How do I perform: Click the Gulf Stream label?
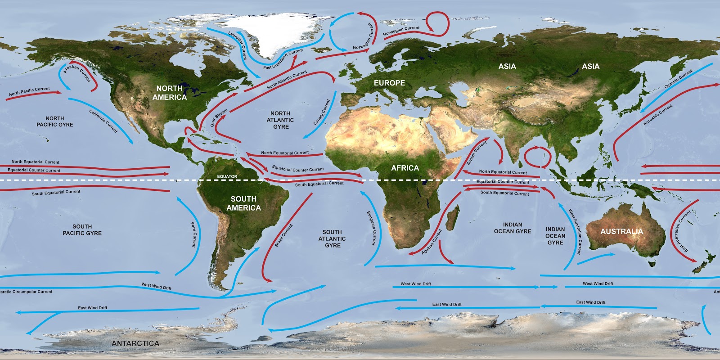tap(219, 117)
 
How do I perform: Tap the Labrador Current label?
tap(237, 45)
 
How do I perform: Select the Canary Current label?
tap(322, 112)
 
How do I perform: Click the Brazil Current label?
tap(283, 235)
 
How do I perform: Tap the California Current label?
tap(103, 121)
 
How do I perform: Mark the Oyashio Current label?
tap(678, 79)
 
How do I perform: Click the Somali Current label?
tap(477, 153)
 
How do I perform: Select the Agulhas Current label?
tap(432, 242)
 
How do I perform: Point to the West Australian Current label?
tap(575, 231)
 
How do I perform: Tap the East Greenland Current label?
tap(283, 59)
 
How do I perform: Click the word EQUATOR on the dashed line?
tap(227, 176)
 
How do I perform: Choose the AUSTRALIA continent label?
tap(621, 231)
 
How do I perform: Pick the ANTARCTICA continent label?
tap(135, 343)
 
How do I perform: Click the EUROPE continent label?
tap(389, 83)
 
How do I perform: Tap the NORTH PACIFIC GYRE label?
tap(55, 121)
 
